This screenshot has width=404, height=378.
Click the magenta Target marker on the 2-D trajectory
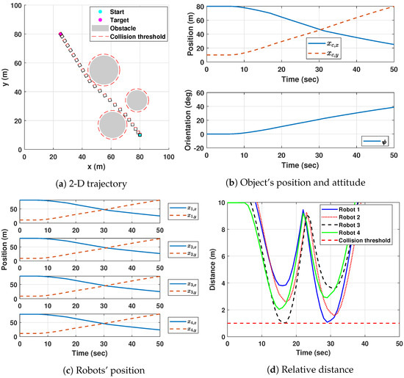pos(61,34)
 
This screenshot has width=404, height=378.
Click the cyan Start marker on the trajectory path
pos(140,135)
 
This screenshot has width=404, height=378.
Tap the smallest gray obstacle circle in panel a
pos(137,100)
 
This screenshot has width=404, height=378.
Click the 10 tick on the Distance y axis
pos(220,202)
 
